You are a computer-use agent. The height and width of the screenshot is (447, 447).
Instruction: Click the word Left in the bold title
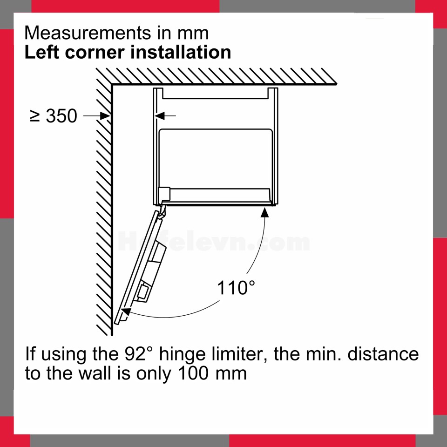[x=42, y=53]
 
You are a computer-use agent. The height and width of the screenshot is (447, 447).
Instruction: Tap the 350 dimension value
[x=61, y=116]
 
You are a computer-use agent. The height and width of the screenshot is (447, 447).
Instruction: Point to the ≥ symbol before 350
[x=35, y=116]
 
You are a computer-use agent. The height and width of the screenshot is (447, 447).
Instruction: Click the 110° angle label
[x=236, y=287]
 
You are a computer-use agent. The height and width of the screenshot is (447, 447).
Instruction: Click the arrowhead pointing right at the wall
[x=105, y=116]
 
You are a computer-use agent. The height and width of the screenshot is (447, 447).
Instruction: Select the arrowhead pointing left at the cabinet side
[x=160, y=116]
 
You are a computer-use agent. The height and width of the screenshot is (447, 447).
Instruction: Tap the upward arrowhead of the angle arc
[x=265, y=212]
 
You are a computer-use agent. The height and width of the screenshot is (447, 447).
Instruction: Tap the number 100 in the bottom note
[x=195, y=373]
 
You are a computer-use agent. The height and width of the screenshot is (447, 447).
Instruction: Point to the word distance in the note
[x=383, y=354]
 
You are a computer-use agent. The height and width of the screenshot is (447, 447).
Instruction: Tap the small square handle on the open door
[x=142, y=291]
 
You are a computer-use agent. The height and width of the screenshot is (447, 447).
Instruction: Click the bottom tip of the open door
[x=116, y=323]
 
